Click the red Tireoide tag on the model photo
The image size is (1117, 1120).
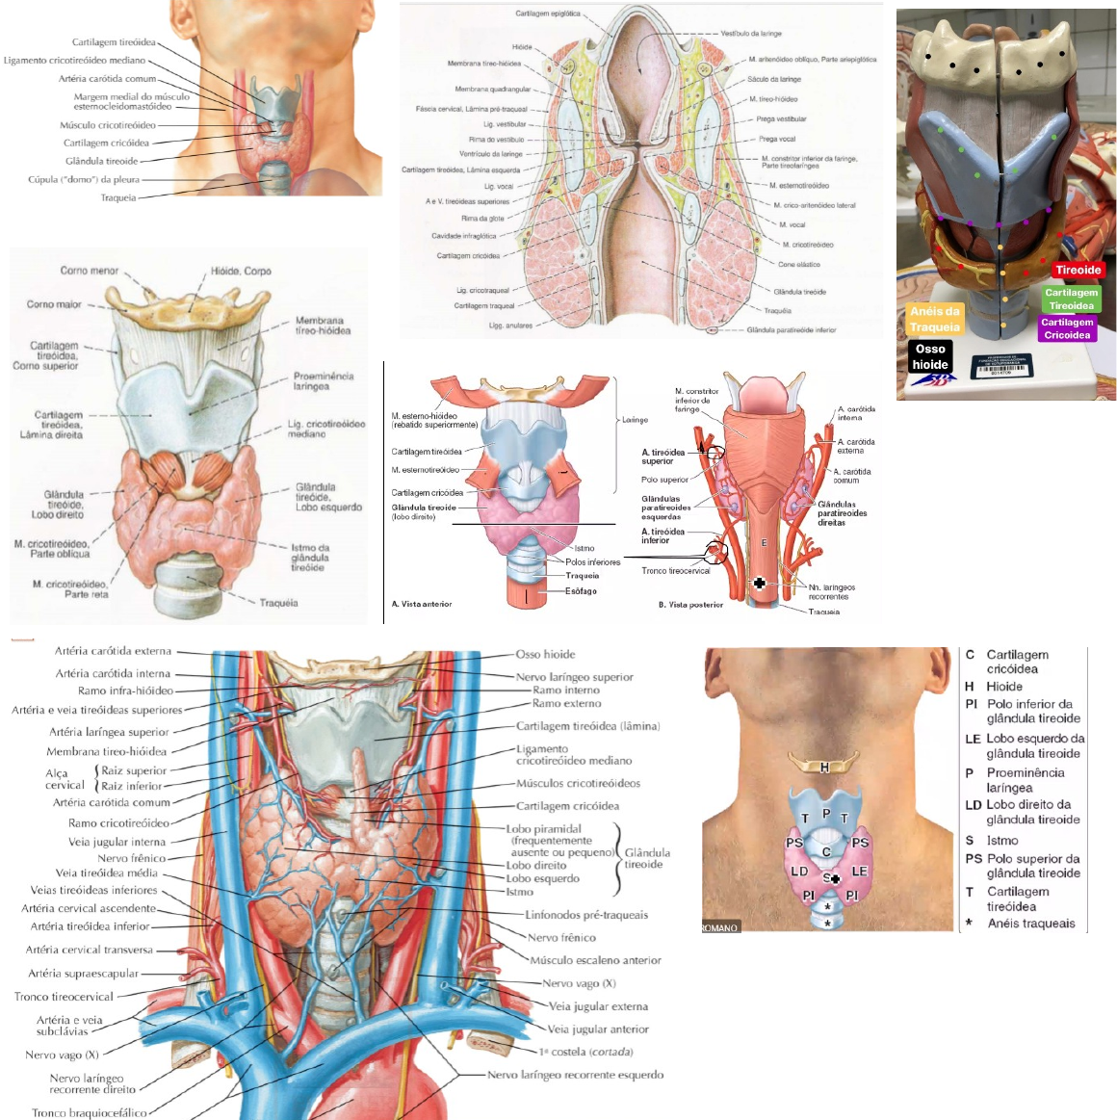[x=1078, y=270]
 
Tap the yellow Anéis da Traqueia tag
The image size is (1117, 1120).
[x=935, y=319]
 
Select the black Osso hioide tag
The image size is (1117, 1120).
[x=930, y=356]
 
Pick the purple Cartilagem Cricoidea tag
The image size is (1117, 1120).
[x=1067, y=328]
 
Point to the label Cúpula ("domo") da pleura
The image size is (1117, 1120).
[x=84, y=179]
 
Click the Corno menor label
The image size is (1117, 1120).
[x=90, y=271]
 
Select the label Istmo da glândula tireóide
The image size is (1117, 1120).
[x=310, y=558]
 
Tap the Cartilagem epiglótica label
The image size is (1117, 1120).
[x=548, y=14]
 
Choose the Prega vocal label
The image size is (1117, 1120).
[x=777, y=139]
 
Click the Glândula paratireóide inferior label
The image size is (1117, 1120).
[x=792, y=330]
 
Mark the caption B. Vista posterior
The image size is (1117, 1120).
[x=690, y=605]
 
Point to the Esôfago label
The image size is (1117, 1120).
[x=582, y=591]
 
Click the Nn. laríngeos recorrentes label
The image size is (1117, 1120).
[x=832, y=591]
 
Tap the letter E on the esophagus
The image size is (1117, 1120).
[x=764, y=543]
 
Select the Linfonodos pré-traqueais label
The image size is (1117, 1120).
[x=586, y=915]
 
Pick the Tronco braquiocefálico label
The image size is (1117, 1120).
[x=90, y=1112]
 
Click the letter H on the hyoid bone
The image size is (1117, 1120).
[x=824, y=768]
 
